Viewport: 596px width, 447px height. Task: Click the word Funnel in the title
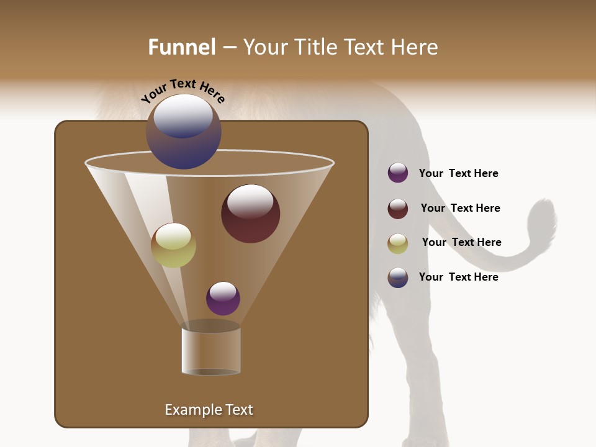click(x=182, y=47)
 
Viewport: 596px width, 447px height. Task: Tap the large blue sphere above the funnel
click(x=184, y=132)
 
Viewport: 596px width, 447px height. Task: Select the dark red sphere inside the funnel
click(x=250, y=213)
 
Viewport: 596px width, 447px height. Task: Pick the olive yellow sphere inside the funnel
click(x=173, y=245)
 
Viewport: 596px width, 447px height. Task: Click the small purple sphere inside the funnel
click(x=223, y=298)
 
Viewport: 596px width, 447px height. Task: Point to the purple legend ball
click(x=398, y=173)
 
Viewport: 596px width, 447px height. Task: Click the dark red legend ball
click(x=398, y=208)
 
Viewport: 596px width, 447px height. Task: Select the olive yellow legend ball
click(x=398, y=243)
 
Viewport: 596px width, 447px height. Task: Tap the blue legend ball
click(x=398, y=277)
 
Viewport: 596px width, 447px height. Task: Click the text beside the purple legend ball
click(x=458, y=173)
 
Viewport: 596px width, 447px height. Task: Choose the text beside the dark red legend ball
click(x=460, y=208)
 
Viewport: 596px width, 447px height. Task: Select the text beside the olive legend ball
click(x=461, y=242)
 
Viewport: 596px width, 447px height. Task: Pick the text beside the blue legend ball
click(x=458, y=277)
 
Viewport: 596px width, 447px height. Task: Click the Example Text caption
click(x=209, y=410)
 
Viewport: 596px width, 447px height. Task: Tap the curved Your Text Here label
click(x=183, y=91)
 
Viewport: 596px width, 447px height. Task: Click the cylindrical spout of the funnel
click(x=211, y=351)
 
